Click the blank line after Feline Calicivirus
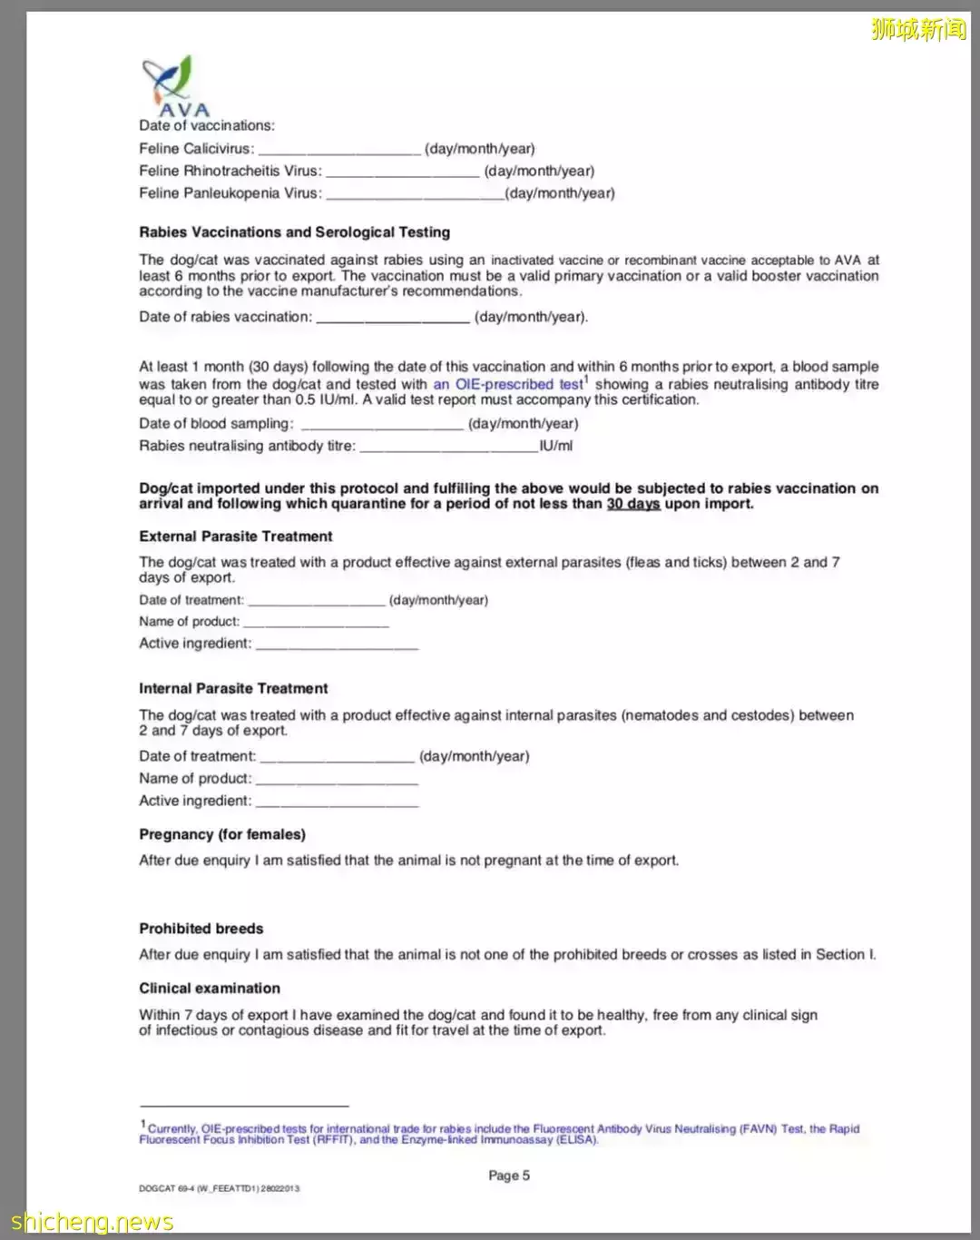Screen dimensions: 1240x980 point(339,150)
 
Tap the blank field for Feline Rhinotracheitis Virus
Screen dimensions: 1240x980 point(402,172)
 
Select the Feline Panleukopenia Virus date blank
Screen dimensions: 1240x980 point(415,194)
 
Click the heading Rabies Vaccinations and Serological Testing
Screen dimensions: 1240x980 point(294,232)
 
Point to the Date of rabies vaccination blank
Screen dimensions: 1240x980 point(393,319)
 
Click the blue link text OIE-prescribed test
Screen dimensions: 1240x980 point(508,384)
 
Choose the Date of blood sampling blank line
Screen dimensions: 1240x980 point(382,425)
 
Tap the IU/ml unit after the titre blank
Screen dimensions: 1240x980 point(556,446)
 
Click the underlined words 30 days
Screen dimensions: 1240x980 point(632,504)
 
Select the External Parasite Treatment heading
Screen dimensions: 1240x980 point(236,536)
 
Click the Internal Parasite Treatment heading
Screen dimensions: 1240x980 point(233,689)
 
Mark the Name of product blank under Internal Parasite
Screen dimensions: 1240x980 point(337,780)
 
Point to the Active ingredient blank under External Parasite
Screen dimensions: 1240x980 point(337,645)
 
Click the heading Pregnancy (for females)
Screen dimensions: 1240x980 point(222,834)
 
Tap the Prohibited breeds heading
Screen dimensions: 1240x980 point(201,929)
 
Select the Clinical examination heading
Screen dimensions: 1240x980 point(210,989)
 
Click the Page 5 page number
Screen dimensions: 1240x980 point(509,1176)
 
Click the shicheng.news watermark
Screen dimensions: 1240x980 point(92,1222)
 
